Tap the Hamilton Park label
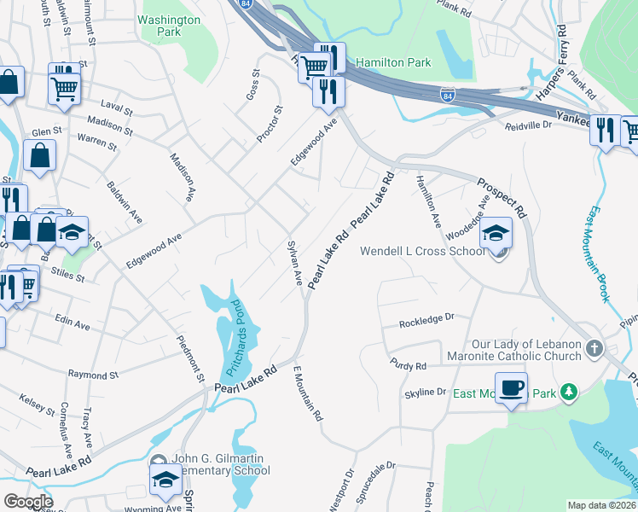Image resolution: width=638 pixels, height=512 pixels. (x=393, y=62)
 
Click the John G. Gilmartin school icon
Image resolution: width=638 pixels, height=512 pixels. (x=165, y=480)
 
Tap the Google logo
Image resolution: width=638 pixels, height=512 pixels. (x=27, y=502)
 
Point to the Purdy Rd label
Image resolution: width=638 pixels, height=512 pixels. (x=409, y=365)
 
